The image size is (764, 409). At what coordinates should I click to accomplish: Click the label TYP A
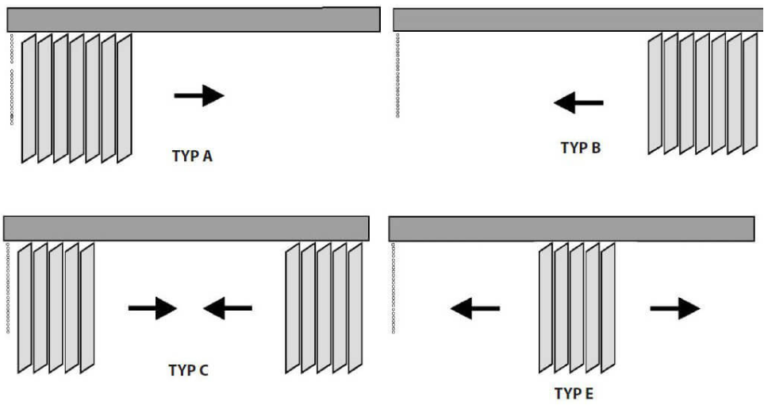[x=192, y=156]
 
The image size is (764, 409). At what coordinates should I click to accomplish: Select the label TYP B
[x=580, y=147]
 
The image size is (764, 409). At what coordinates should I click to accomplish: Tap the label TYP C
[x=189, y=371]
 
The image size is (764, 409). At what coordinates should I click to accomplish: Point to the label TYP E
[x=574, y=393]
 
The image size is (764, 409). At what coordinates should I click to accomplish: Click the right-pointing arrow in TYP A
[x=199, y=95]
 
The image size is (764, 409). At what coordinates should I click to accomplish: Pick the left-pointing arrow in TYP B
[x=578, y=103]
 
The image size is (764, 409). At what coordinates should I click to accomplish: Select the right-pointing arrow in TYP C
[x=152, y=308]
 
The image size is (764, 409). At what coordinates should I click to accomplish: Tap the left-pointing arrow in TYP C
[x=228, y=308]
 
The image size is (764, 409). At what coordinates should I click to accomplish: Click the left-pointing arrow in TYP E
[x=475, y=309]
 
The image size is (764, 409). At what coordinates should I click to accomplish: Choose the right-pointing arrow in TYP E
[x=675, y=308]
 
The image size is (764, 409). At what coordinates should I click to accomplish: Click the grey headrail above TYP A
[x=194, y=20]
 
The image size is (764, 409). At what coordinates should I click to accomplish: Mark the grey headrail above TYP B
[x=578, y=20]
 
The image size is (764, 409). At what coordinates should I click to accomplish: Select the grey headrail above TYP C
[x=186, y=229]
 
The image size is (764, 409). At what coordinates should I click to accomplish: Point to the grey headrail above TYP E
[x=571, y=229]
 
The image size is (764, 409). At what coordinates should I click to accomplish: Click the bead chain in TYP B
[x=397, y=75]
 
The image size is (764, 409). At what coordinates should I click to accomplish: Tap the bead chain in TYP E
[x=394, y=288]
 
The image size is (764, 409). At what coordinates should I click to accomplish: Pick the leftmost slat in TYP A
[x=29, y=98]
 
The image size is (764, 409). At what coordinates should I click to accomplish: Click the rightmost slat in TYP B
[x=750, y=94]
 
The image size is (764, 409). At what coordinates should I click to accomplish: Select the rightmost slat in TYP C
[x=355, y=308]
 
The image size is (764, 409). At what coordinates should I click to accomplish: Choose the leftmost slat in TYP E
[x=546, y=308]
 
